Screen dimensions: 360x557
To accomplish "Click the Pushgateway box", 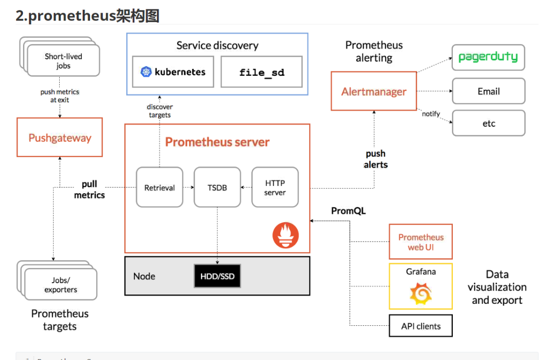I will (60, 137).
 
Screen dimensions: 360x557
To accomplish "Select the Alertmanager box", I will (374, 91).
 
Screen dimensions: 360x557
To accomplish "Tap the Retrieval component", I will (159, 187).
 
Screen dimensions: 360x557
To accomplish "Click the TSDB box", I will (217, 187).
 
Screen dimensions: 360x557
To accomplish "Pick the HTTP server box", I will (275, 187).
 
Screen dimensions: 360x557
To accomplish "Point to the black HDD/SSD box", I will (217, 276).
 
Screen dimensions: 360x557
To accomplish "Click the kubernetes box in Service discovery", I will (173, 72).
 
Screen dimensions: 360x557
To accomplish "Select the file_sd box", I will (262, 72).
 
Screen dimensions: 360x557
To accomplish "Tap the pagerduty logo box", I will (488, 58).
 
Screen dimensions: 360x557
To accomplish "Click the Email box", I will (489, 91).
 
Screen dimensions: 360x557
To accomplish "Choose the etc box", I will (489, 123).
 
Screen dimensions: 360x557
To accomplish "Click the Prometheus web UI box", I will (421, 242).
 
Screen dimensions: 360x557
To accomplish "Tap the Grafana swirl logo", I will (421, 293).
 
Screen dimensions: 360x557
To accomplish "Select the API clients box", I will (421, 326).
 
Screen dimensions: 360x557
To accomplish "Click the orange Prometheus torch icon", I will (285, 235).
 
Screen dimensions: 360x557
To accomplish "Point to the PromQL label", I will (348, 211).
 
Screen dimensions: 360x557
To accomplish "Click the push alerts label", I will (376, 159).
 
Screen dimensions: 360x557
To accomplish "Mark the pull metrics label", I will (89, 190).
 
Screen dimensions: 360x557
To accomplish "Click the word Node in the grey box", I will (144, 276).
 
